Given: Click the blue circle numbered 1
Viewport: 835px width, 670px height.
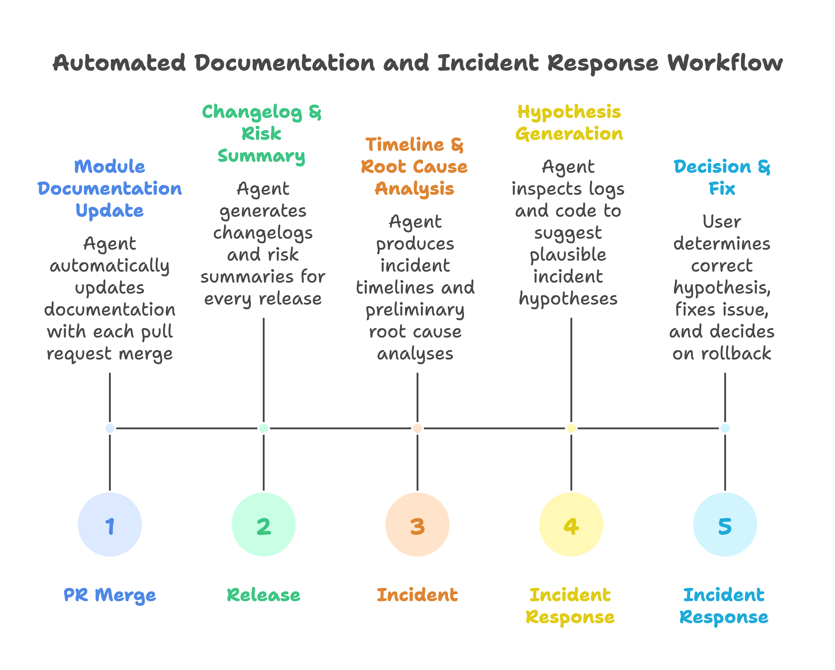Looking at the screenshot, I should [x=110, y=524].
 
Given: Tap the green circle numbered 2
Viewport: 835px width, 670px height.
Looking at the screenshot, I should [x=263, y=524].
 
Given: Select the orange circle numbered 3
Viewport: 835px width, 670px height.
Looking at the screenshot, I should [x=417, y=524].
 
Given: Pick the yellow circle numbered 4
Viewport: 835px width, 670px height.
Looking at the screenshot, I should [x=571, y=524].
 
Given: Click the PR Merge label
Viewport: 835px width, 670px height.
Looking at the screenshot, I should [x=110, y=595].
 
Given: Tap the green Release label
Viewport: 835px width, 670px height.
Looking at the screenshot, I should [x=263, y=595].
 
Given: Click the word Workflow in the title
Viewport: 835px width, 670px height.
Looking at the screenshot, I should [x=725, y=63].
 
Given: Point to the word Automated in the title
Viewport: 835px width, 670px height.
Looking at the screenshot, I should [x=119, y=63].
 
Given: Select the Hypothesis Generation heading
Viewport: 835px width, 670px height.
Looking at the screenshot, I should [x=569, y=123].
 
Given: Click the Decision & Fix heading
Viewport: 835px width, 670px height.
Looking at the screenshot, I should [x=722, y=178].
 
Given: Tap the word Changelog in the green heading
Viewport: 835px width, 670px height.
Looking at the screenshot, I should [x=252, y=112].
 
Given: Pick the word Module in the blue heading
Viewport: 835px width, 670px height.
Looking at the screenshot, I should [x=110, y=167].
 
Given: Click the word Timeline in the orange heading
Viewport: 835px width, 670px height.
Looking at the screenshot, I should [x=405, y=145].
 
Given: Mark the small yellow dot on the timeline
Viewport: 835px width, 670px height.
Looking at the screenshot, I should [x=571, y=428].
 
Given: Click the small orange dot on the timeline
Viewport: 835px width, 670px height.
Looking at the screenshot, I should [x=417, y=428].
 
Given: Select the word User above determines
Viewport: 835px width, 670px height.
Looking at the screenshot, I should [x=722, y=222].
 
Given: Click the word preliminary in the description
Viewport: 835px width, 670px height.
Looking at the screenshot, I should [x=415, y=310].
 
